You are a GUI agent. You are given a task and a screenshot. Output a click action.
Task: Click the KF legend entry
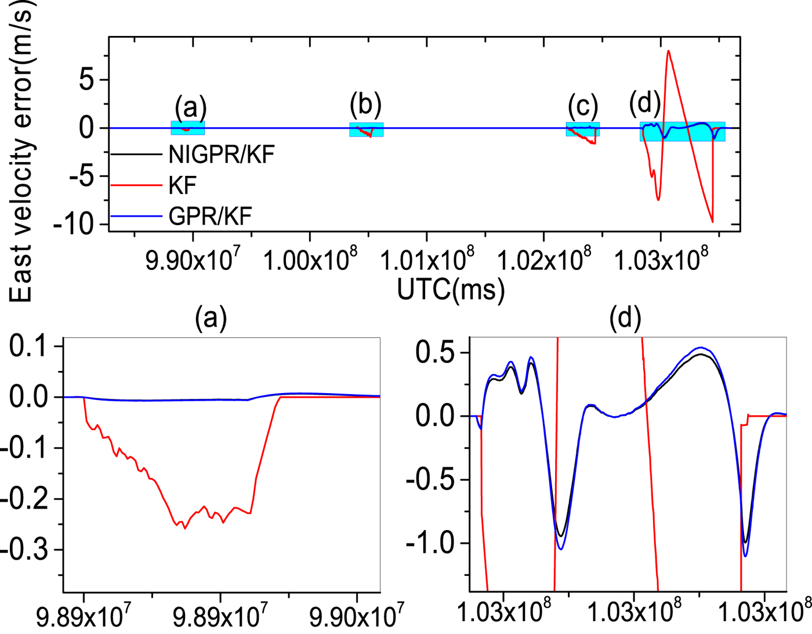182,186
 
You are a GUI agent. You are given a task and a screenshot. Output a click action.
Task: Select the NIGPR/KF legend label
221,154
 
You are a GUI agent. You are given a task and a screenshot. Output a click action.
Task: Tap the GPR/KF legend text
210,217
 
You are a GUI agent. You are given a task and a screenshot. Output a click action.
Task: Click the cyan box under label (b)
366,129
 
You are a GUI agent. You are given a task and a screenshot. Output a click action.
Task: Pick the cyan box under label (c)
582,129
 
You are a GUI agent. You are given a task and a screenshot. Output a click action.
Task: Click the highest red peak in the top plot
668,51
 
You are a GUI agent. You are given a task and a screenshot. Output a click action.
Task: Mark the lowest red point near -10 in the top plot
712,221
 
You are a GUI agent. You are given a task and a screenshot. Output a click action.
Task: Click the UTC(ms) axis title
451,289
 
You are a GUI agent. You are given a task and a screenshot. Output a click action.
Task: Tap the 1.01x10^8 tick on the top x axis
427,260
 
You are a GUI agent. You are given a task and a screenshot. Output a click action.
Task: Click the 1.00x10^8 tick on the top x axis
310,260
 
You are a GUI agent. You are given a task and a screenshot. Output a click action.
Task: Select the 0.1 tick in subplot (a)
28,346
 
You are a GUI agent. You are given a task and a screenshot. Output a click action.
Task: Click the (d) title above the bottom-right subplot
625,318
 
